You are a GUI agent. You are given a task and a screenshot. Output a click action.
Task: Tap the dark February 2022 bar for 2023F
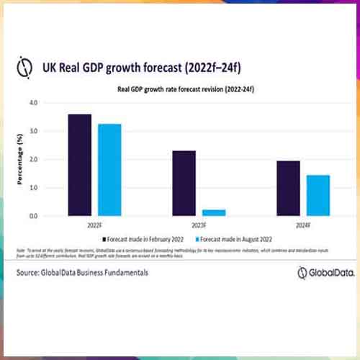pyautogui.click(x=184, y=183)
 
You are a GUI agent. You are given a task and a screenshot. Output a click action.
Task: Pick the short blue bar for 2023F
pyautogui.click(x=214, y=212)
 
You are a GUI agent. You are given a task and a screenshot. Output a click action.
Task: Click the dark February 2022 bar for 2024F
pyautogui.click(x=288, y=188)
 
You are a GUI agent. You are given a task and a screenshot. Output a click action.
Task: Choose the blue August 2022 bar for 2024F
pyautogui.click(x=318, y=195)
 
